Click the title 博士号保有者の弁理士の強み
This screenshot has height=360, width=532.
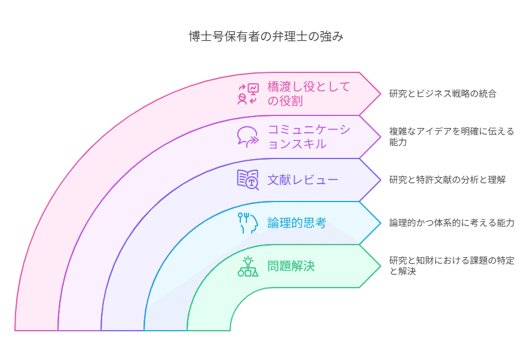pyautogui.click(x=266, y=36)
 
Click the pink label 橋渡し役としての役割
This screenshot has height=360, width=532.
pyautogui.click(x=308, y=94)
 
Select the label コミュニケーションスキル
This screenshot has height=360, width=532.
pyautogui.click(x=309, y=137)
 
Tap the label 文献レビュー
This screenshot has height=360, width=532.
pyautogui.click(x=302, y=180)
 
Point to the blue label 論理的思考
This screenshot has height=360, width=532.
pyautogui.click(x=296, y=223)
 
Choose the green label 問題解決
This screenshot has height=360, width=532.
pyautogui.click(x=291, y=266)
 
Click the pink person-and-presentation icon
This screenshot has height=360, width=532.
pyautogui.click(x=248, y=94)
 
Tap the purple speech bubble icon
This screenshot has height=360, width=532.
pyautogui.click(x=247, y=137)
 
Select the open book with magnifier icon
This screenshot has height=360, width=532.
pyautogui.click(x=248, y=180)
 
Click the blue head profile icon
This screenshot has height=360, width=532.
pyautogui.click(x=248, y=223)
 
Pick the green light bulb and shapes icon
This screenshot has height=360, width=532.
pyautogui.click(x=248, y=266)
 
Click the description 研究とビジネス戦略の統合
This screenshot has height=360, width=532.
pyautogui.click(x=443, y=94)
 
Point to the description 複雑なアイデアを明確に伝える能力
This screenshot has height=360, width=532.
pyautogui.click(x=451, y=137)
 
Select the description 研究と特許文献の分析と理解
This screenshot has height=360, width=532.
pyautogui.click(x=447, y=180)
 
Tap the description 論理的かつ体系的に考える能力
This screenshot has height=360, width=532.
pyautogui.click(x=451, y=223)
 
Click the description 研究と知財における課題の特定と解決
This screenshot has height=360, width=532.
pyautogui.click(x=451, y=266)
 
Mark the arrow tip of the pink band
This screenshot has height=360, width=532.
pyautogui.click(x=381, y=94)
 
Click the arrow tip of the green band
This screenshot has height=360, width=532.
pyautogui.click(x=381, y=266)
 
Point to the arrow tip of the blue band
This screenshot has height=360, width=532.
pyautogui.click(x=381, y=223)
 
